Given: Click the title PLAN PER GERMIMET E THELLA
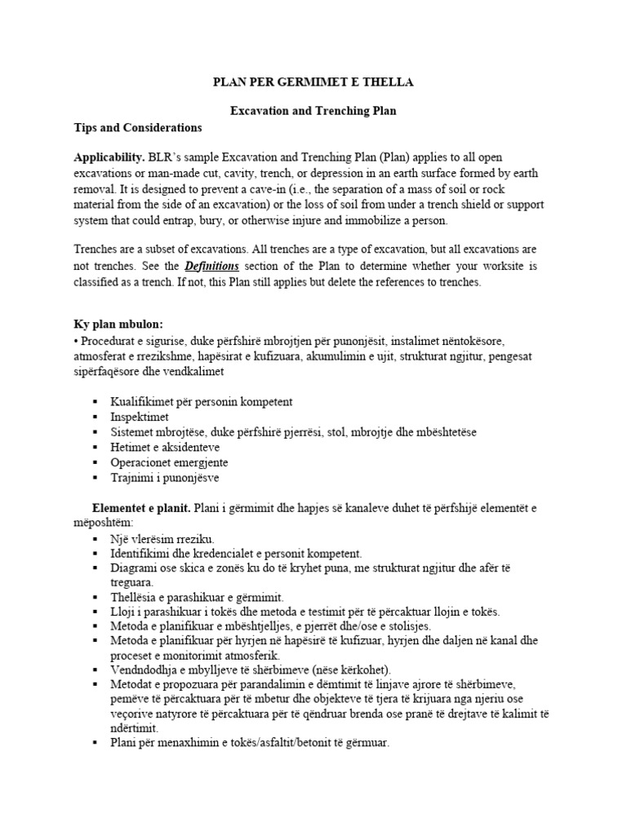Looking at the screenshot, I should [x=313, y=82].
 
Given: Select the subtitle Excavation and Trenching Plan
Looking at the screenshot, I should [x=313, y=109].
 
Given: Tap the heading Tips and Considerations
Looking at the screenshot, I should [x=137, y=128].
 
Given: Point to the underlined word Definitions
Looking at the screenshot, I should [x=211, y=266].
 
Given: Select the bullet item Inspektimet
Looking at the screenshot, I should [x=140, y=417].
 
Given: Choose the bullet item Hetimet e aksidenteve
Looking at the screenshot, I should [x=165, y=447].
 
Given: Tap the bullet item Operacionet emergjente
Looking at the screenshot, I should [x=169, y=462].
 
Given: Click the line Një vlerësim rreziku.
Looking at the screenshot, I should [x=162, y=539].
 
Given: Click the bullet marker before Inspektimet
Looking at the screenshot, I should [x=96, y=417].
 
